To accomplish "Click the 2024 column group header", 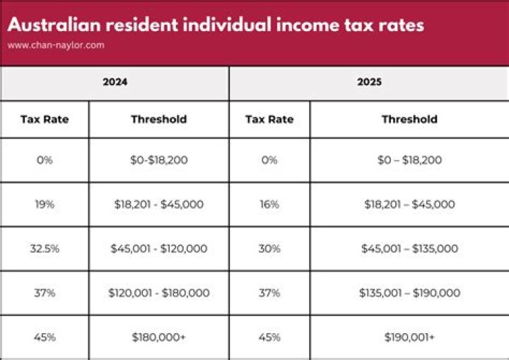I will (x=115, y=82).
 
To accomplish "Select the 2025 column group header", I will (x=369, y=82).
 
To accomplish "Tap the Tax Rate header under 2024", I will (x=45, y=119).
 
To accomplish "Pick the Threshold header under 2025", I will (x=409, y=119).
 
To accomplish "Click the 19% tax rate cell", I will (x=45, y=204).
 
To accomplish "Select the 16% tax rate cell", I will (x=269, y=204).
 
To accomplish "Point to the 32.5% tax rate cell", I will (x=45, y=248).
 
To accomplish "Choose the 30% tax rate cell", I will (x=269, y=248).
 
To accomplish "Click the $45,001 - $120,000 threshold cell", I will (x=159, y=248).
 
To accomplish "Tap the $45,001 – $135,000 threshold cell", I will (x=409, y=248).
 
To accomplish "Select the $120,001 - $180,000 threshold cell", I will (x=159, y=293).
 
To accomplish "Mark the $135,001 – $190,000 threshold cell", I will (x=409, y=293).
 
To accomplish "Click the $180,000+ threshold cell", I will (x=159, y=337).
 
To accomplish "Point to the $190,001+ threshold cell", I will (x=409, y=337).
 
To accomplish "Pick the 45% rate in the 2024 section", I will (x=45, y=337).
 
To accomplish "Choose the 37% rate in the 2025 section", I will (x=269, y=293).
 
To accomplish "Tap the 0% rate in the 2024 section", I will (x=45, y=160).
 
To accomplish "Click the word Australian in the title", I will (x=52, y=25).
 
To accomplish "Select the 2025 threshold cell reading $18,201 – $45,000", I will (x=409, y=204).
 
